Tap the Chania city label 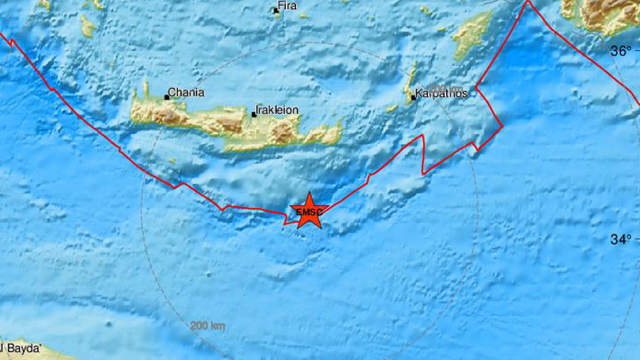187,93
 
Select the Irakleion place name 278,110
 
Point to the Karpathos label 442,93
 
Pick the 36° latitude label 621,51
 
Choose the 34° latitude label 621,239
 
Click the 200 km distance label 207,325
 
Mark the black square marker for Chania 166,97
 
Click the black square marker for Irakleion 254,114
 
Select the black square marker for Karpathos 412,97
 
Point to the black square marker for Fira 276,11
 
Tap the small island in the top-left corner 87,27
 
